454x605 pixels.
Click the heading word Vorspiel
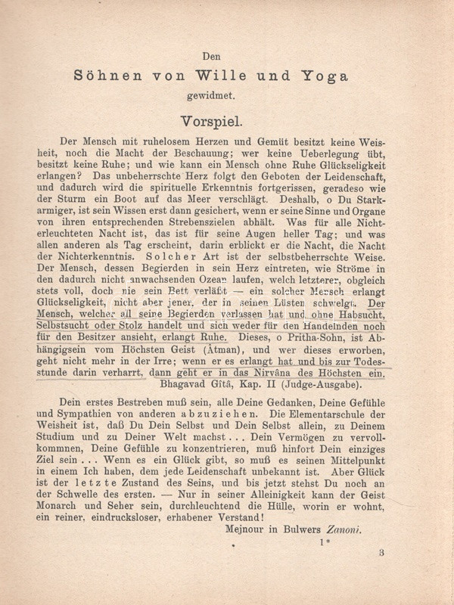point(227,121)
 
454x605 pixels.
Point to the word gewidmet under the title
point(227,96)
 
